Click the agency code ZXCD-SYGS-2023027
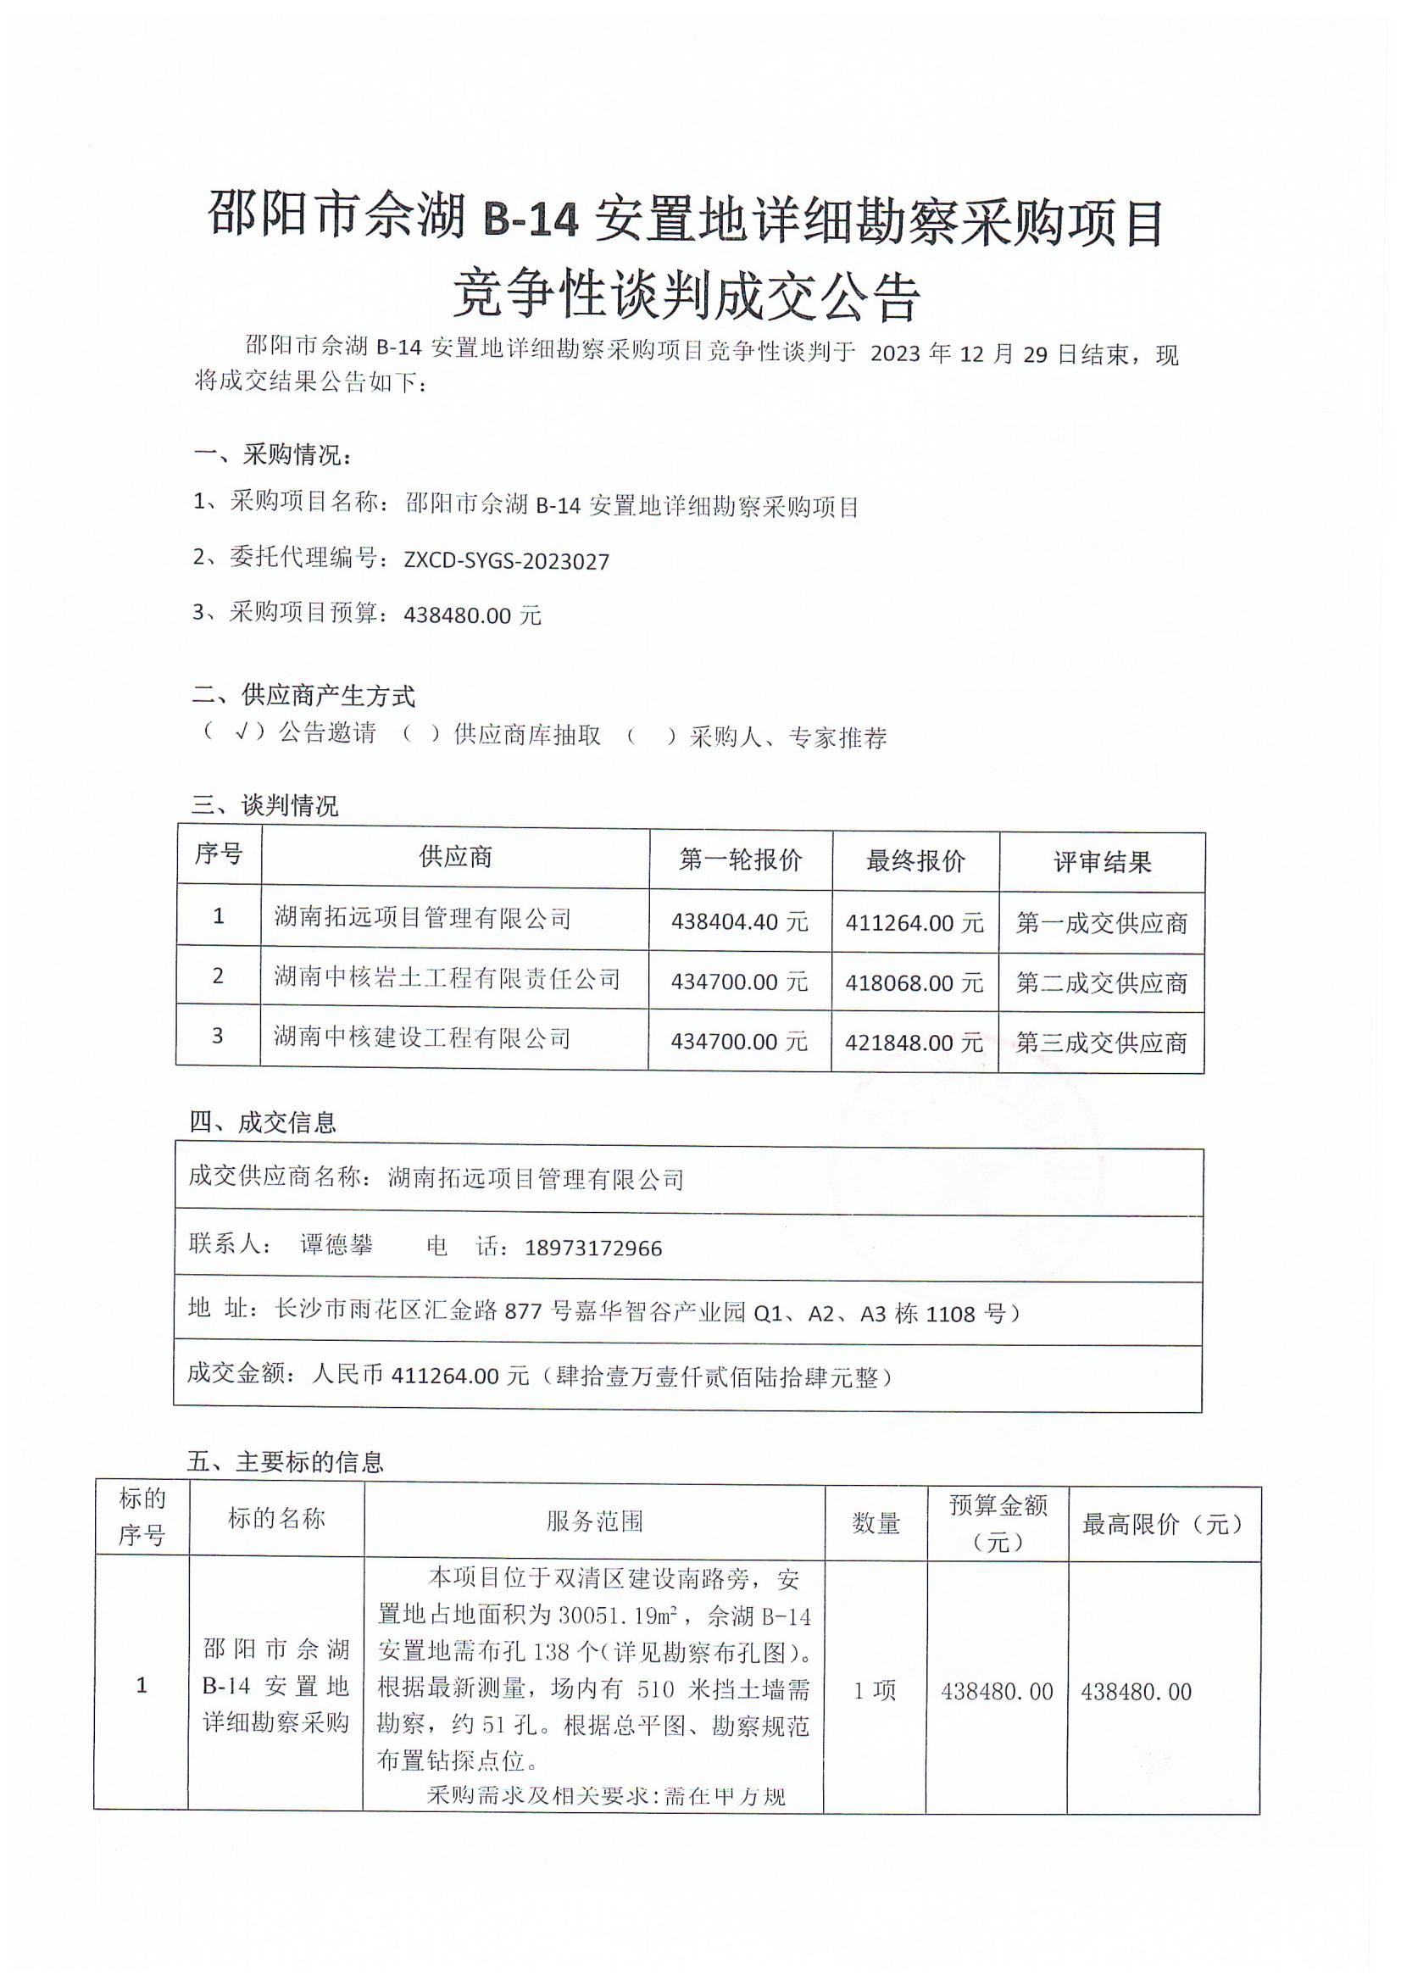click(506, 562)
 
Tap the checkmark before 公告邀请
click(242, 732)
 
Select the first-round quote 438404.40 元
click(739, 922)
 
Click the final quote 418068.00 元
click(915, 982)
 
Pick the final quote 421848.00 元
click(915, 1043)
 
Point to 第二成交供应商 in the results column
click(1102, 982)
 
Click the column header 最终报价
click(915, 861)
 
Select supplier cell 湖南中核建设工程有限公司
click(423, 1037)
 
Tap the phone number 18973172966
click(593, 1249)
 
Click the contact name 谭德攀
click(336, 1244)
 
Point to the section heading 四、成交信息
click(262, 1122)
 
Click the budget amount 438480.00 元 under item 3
click(472, 616)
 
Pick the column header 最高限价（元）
click(1164, 1525)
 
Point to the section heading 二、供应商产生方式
click(303, 694)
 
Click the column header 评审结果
click(1103, 862)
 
